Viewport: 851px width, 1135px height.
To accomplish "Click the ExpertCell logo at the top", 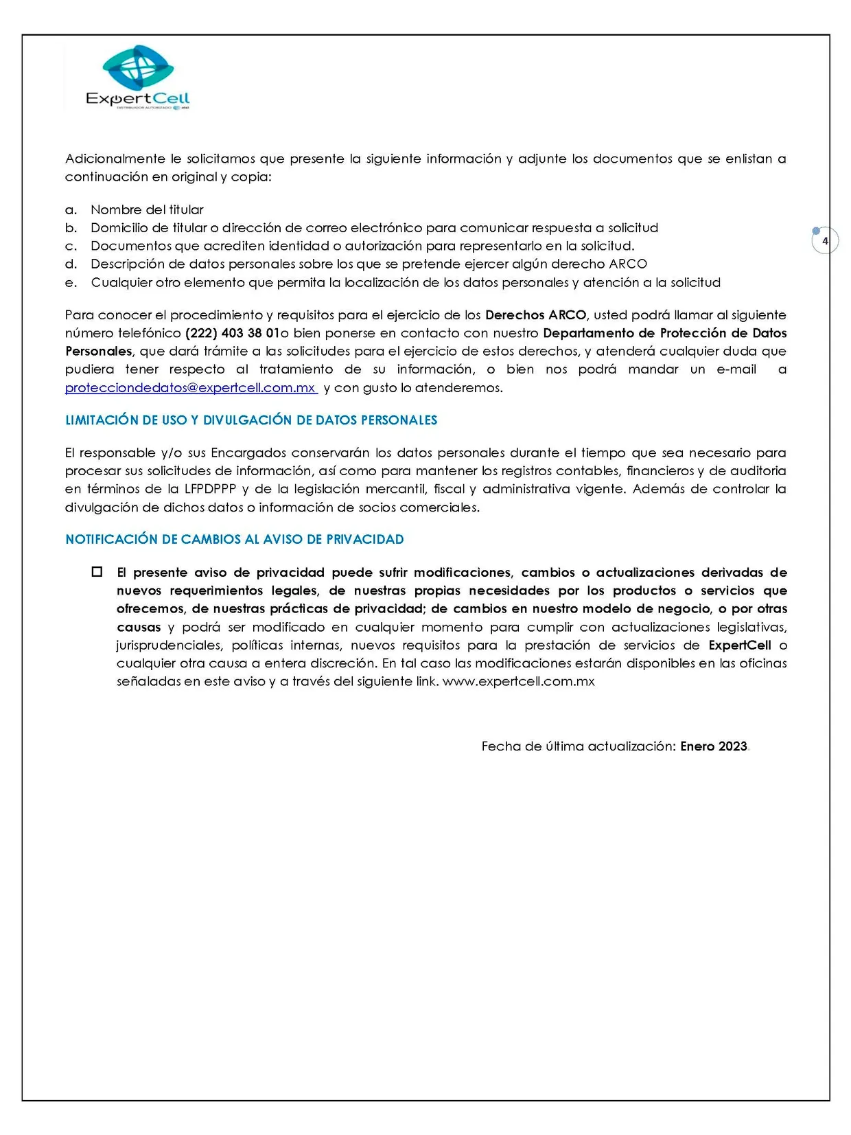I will click(x=138, y=77).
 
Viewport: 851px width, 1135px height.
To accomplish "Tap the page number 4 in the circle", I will click(x=825, y=241).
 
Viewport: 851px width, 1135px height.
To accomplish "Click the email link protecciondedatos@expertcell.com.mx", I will click(x=190, y=388).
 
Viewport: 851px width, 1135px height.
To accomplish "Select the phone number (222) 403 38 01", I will click(x=232, y=334).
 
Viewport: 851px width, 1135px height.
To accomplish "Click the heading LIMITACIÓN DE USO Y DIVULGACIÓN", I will click(x=251, y=420).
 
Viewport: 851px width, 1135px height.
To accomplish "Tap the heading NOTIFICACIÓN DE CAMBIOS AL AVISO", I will click(x=235, y=540).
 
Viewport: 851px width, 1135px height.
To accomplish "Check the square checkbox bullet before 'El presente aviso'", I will click(x=97, y=572).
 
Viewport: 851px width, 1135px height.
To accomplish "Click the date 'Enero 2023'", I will click(x=713, y=746).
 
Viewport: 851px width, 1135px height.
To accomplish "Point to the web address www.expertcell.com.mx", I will click(x=518, y=682).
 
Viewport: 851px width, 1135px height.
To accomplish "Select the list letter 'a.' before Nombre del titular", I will click(x=71, y=210).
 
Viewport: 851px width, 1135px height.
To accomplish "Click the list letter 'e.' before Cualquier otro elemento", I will click(x=71, y=283).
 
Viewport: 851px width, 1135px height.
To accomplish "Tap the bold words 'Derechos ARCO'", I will click(x=535, y=315).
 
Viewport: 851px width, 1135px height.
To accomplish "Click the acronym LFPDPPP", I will click(x=210, y=489).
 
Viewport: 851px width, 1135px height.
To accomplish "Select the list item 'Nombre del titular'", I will click(x=147, y=210).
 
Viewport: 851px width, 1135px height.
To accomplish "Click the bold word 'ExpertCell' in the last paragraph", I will click(x=739, y=645).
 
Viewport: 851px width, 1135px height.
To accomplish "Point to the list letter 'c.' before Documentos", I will click(x=71, y=247).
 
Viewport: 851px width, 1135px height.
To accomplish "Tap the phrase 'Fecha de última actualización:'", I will click(x=579, y=746).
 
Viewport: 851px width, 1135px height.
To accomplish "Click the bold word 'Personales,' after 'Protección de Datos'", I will click(x=98, y=352).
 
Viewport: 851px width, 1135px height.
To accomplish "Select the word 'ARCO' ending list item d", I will click(x=628, y=264).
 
